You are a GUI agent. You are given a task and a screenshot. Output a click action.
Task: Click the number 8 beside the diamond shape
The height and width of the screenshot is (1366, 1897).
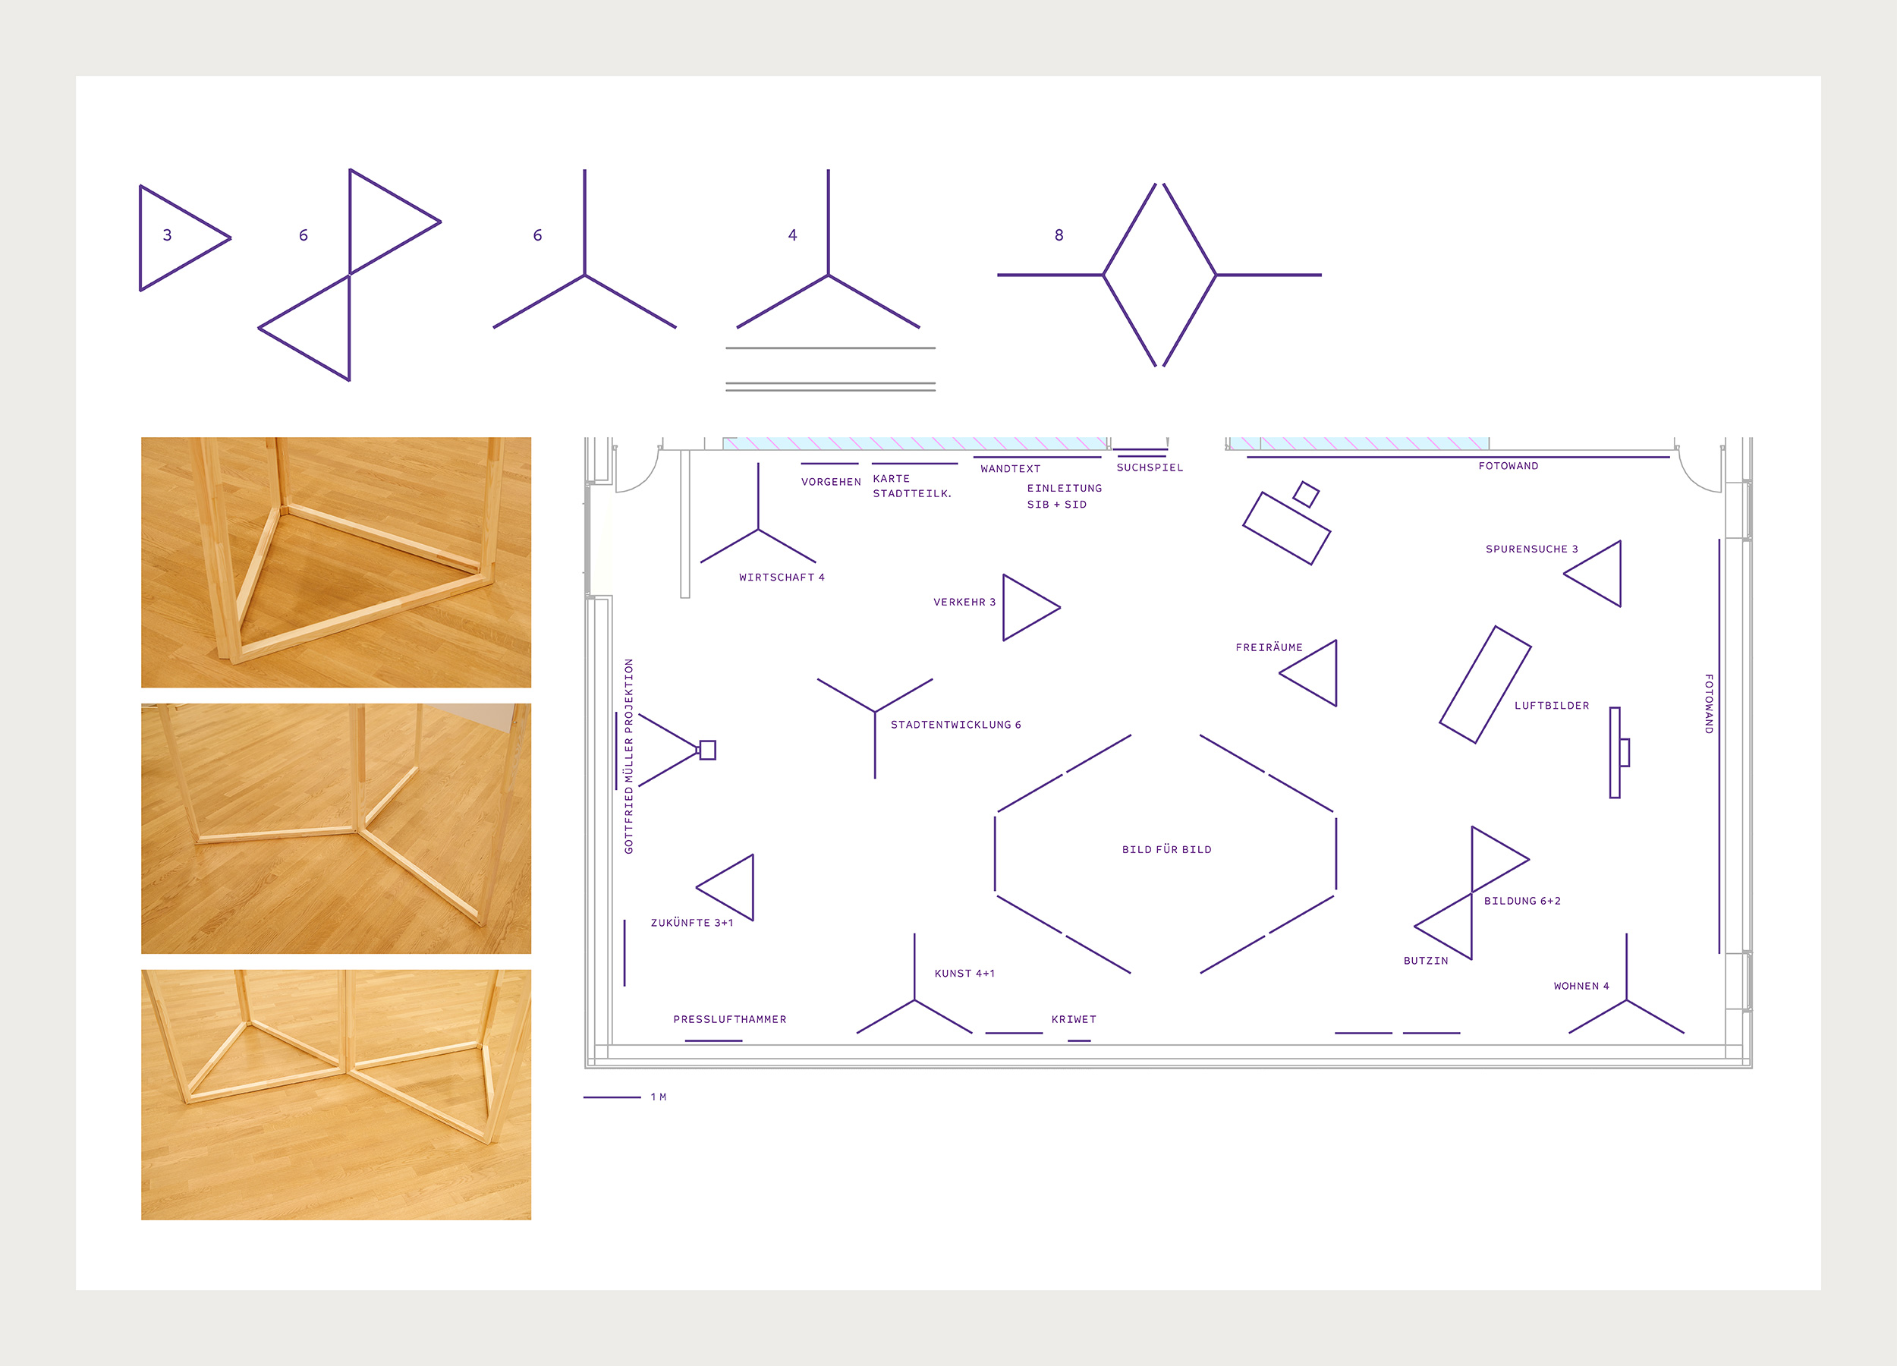(x=1059, y=235)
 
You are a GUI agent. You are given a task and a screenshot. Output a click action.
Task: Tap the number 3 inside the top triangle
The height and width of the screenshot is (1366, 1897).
(x=167, y=235)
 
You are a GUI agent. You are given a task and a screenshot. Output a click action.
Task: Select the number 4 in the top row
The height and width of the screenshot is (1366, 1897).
(x=792, y=235)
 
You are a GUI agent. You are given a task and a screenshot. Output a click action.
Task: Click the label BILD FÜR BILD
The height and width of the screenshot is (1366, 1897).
(x=1167, y=849)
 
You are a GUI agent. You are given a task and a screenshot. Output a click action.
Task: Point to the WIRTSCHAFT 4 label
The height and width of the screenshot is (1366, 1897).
(x=782, y=578)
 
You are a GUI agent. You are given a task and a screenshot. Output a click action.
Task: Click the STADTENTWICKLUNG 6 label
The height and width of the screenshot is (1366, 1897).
(x=955, y=725)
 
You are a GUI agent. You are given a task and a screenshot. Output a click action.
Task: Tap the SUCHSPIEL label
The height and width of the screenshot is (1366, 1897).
(x=1150, y=467)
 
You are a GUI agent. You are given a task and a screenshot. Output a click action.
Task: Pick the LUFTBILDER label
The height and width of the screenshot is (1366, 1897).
(x=1552, y=705)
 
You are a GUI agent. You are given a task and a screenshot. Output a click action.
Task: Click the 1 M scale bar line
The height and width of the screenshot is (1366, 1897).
(x=612, y=1097)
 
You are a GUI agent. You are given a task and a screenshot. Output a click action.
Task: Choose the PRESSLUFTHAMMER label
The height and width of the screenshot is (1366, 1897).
(x=729, y=1019)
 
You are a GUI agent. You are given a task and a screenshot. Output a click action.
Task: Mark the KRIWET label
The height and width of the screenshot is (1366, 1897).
(x=1073, y=1019)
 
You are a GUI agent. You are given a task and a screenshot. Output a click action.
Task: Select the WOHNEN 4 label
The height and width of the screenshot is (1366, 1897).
(x=1581, y=985)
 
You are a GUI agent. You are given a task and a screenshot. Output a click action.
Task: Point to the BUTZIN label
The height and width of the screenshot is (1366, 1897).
(x=1425, y=960)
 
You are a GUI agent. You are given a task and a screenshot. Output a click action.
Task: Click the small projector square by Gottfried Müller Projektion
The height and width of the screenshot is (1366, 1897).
(x=708, y=750)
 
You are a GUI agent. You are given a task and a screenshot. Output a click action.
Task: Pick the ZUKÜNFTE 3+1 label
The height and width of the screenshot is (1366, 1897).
(x=692, y=923)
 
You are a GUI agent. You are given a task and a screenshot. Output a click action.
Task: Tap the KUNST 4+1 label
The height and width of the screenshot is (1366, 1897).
(x=964, y=973)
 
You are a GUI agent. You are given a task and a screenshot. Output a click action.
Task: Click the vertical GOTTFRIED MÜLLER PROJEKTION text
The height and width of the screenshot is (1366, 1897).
(x=629, y=756)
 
